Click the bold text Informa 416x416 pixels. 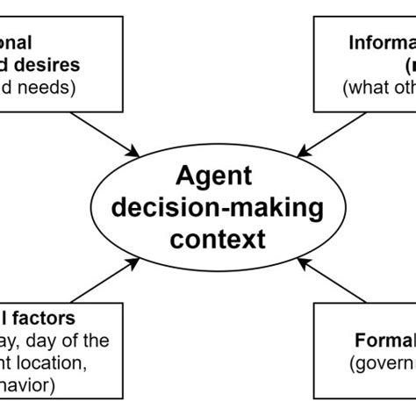[x=382, y=42]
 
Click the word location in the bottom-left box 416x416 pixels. [x=68, y=362]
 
